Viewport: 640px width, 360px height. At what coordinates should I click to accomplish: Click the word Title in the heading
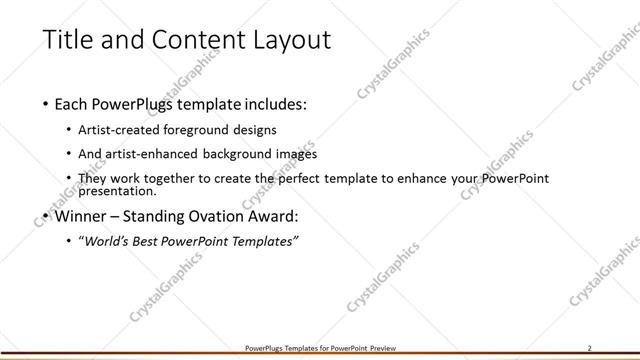pos(70,40)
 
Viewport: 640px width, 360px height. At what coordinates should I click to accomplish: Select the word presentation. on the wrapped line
pos(118,190)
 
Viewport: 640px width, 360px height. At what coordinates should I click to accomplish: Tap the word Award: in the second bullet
pos(271,216)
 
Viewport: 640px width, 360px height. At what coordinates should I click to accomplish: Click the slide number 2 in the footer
pos(590,348)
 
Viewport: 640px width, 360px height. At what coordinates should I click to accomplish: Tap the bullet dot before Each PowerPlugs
pos(47,105)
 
